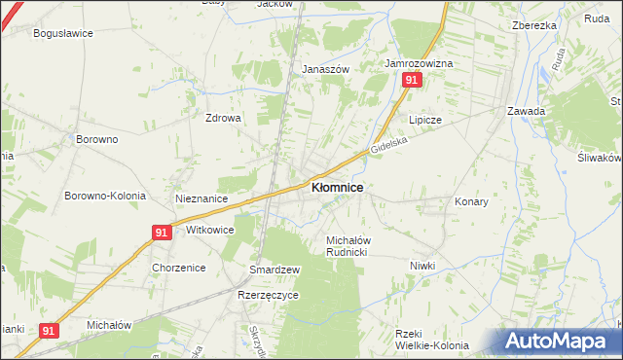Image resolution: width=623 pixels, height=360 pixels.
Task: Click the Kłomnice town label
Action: click(x=337, y=187)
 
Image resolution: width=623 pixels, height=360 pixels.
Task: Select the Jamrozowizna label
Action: click(x=419, y=63)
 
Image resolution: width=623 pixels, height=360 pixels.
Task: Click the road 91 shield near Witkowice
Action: click(x=163, y=232)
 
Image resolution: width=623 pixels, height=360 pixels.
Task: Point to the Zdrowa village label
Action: click(x=222, y=118)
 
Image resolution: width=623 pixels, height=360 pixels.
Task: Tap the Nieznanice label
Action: click(x=202, y=198)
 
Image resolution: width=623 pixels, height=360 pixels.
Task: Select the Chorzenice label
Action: click(x=177, y=267)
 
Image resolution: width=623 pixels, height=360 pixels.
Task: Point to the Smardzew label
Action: click(x=275, y=269)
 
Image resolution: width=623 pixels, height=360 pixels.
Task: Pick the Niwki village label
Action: click(x=422, y=266)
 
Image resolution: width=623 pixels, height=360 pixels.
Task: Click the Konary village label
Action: click(x=471, y=201)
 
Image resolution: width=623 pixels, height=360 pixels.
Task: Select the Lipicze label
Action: click(x=425, y=120)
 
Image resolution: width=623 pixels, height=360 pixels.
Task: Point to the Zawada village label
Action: click(x=526, y=111)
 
